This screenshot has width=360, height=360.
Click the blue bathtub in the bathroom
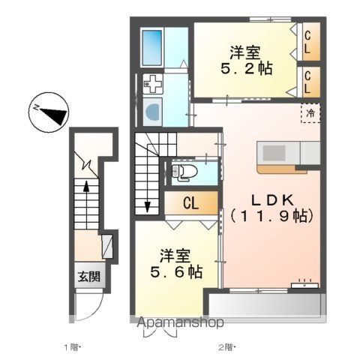pos(152,46)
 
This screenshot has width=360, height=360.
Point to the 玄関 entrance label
pos(88,274)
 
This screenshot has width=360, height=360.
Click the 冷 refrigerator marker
pos(309,113)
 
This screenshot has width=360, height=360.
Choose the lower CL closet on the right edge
pos(310,80)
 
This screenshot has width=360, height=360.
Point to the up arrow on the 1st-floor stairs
pos(88,195)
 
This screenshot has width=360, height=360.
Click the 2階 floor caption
pos(226,346)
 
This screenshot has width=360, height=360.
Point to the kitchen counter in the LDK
pos(277,156)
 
